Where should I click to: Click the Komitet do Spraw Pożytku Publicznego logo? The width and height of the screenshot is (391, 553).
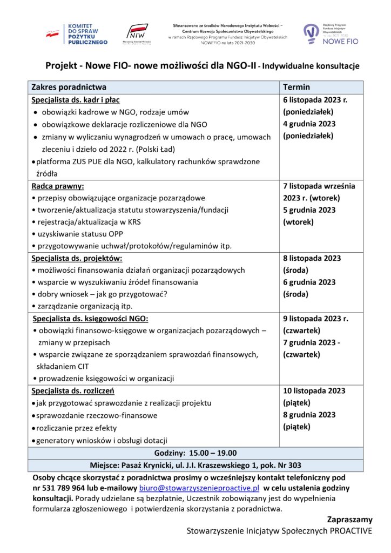click(x=76, y=34)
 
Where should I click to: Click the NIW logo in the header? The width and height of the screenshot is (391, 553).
click(x=139, y=34)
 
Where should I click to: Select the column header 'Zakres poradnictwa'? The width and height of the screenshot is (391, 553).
click(x=69, y=87)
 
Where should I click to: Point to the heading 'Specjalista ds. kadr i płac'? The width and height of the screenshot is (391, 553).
click(x=75, y=100)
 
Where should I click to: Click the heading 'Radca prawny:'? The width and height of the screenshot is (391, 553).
click(x=55, y=186)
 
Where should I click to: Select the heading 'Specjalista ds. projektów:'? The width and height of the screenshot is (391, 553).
click(x=77, y=258)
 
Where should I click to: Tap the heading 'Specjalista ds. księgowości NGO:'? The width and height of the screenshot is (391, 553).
click(x=91, y=318)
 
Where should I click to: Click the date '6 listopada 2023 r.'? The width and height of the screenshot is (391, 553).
click(x=315, y=100)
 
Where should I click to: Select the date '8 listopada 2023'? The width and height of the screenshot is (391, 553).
click(x=312, y=258)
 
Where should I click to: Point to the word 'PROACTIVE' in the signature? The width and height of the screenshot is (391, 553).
click(x=352, y=531)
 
